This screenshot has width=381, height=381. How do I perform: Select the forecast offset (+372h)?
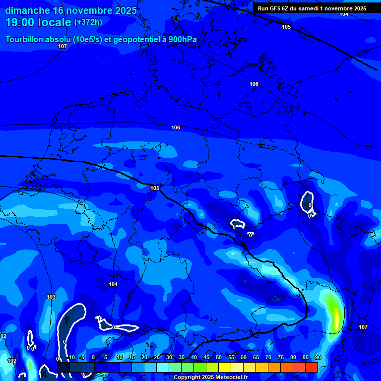click(88, 22)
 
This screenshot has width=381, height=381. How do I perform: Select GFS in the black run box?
click(275, 8)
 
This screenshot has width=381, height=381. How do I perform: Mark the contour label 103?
click(51, 297)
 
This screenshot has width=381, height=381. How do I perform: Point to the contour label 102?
click(12, 361)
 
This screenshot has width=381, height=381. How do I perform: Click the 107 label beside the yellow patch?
click(363, 327)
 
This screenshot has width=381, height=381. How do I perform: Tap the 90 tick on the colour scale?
click(317, 357)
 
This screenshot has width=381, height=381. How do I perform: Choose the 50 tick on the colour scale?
click(218, 357)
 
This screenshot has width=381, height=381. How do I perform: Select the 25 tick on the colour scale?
click(156, 357)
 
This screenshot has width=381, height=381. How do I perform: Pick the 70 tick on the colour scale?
click(268, 357)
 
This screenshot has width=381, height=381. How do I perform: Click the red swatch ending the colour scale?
click(311, 367)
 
